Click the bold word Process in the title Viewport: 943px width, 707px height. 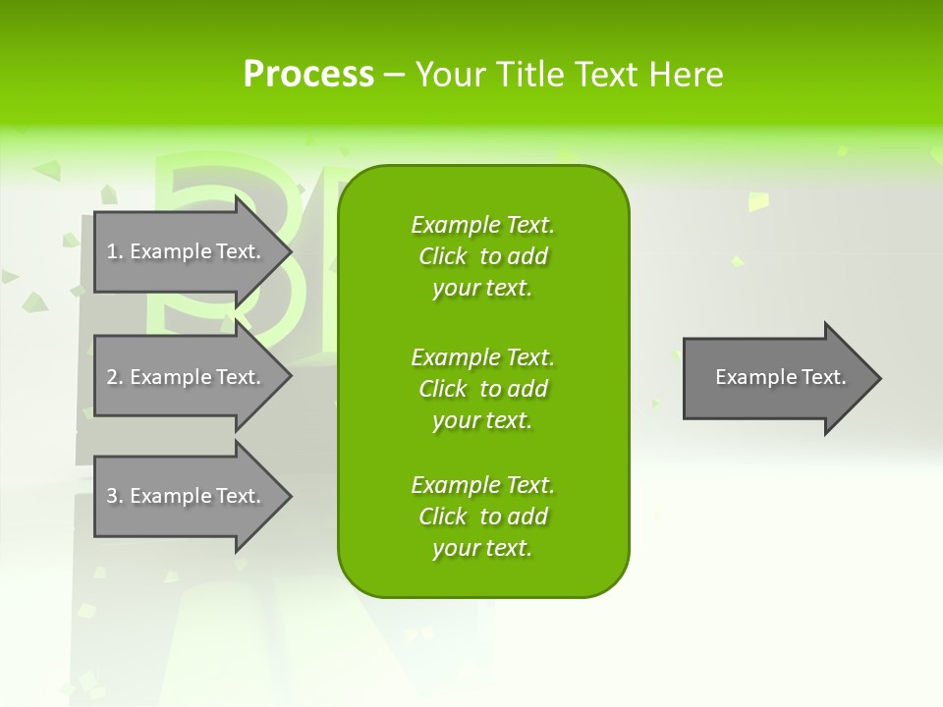click(308, 75)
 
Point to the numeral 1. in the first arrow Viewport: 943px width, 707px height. click(115, 251)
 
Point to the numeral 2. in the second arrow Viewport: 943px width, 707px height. click(115, 377)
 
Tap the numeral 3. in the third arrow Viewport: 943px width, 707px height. click(115, 496)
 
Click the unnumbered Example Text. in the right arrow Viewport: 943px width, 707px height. click(780, 377)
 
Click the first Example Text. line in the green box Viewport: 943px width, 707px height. click(482, 225)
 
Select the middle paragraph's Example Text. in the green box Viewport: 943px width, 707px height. click(482, 356)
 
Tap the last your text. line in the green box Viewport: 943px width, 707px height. click(482, 548)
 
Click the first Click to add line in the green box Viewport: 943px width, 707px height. click(482, 256)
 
